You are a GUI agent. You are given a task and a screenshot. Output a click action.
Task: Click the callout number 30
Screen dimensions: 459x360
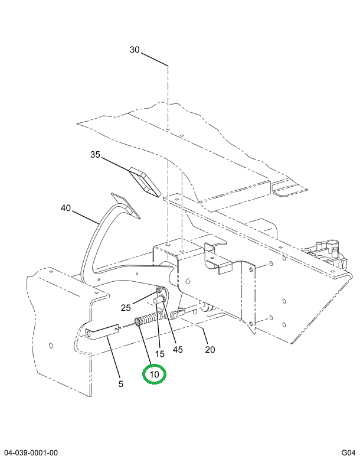(x=135, y=50)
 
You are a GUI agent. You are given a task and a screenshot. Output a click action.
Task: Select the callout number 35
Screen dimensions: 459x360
(x=95, y=155)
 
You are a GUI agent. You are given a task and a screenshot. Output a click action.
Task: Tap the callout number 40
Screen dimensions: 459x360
(x=66, y=208)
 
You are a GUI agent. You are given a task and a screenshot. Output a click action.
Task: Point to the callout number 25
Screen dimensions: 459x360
(x=126, y=307)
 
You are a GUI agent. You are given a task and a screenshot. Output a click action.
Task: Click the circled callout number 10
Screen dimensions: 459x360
(x=154, y=375)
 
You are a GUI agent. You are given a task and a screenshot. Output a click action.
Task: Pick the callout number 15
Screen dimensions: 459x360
(x=159, y=353)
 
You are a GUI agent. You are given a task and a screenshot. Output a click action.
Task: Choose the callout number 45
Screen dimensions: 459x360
(x=178, y=349)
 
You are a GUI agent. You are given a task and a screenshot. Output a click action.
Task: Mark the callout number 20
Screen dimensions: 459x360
(x=210, y=349)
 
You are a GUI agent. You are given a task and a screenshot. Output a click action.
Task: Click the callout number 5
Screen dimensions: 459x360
(x=121, y=384)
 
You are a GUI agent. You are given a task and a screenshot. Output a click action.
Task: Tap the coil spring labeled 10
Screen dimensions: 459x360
(x=146, y=321)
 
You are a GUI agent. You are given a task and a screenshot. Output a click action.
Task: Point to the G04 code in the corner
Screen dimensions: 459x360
(x=347, y=453)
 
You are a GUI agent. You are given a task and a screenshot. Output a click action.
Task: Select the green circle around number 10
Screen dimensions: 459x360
(x=154, y=375)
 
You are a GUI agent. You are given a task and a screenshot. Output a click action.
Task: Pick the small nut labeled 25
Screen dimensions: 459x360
(x=159, y=290)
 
